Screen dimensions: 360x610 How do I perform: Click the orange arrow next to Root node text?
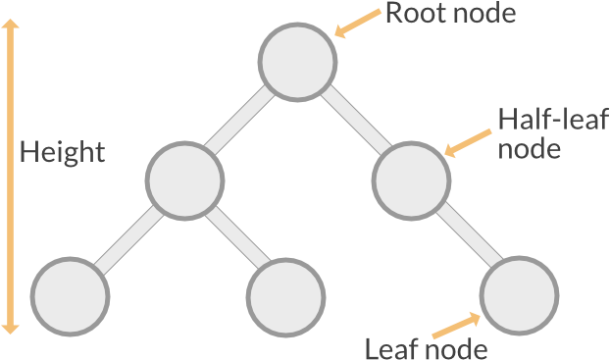coord(357,23)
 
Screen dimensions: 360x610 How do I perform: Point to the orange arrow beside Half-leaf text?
coord(469,142)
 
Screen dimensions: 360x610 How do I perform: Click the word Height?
coord(62,153)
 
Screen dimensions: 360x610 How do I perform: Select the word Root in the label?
coord(412,13)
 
